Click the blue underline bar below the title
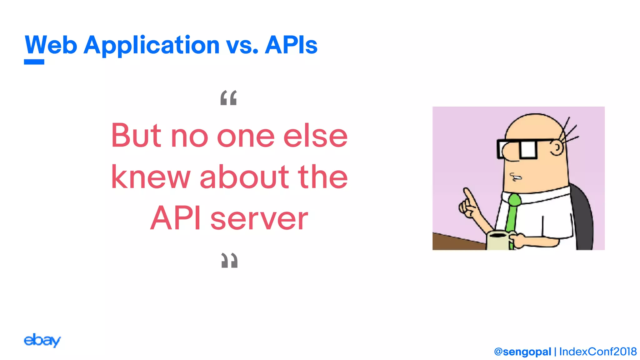[x=34, y=62]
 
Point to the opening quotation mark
[x=228, y=98]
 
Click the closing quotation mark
[x=229, y=260]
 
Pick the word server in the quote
[x=259, y=218]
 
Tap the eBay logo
[x=42, y=340]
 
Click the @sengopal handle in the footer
[x=522, y=352]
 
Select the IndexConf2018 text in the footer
[x=598, y=352]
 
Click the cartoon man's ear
[x=557, y=147]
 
